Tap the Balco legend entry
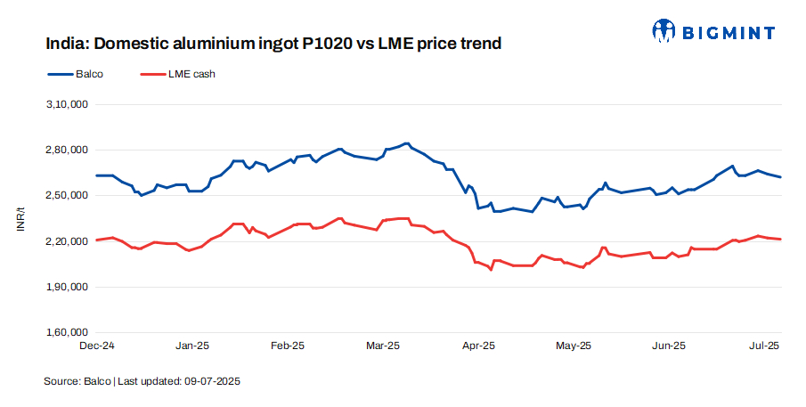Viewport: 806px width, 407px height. pos(75,74)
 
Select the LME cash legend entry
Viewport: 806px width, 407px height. pos(177,74)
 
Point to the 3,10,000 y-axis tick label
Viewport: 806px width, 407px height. pos(66,104)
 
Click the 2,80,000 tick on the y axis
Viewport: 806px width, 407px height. pos(66,150)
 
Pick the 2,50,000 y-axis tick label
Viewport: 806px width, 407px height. pos(66,195)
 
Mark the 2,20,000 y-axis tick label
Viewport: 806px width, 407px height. pos(66,241)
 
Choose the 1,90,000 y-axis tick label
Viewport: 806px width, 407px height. pos(66,287)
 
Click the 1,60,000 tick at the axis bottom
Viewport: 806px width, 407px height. pos(66,333)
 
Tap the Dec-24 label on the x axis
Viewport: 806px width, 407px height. pos(97,346)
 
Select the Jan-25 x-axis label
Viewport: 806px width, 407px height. pos(192,346)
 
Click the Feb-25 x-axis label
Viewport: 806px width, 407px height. pos(288,346)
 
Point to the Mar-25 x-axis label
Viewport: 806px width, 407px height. pos(383,346)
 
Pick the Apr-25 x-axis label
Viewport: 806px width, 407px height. pos(478,346)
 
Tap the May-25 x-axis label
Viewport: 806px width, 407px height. pos(574,346)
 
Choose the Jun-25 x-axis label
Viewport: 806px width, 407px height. pos(669,346)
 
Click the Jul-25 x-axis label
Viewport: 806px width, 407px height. pos(763,346)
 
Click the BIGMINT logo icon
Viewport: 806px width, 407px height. pos(664,32)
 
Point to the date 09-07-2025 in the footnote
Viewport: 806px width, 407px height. pos(213,381)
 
